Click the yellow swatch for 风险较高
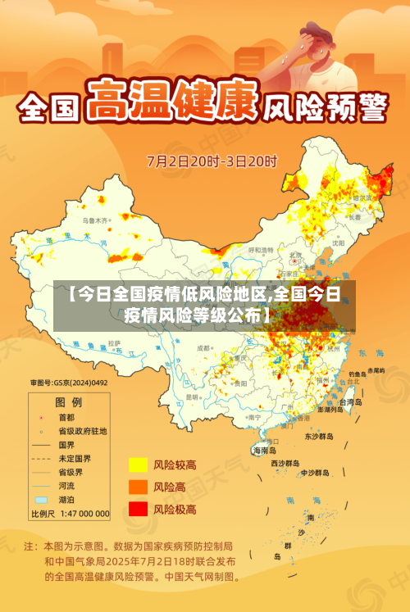tap(137, 465)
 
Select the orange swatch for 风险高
tap(137, 487)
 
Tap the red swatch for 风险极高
tap(137, 509)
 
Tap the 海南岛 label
tap(264, 450)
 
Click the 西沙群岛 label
tap(286, 463)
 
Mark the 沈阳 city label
tap(339, 243)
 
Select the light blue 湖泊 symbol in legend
tap(40, 499)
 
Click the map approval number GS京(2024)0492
tap(69, 382)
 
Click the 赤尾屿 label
tap(376, 370)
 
